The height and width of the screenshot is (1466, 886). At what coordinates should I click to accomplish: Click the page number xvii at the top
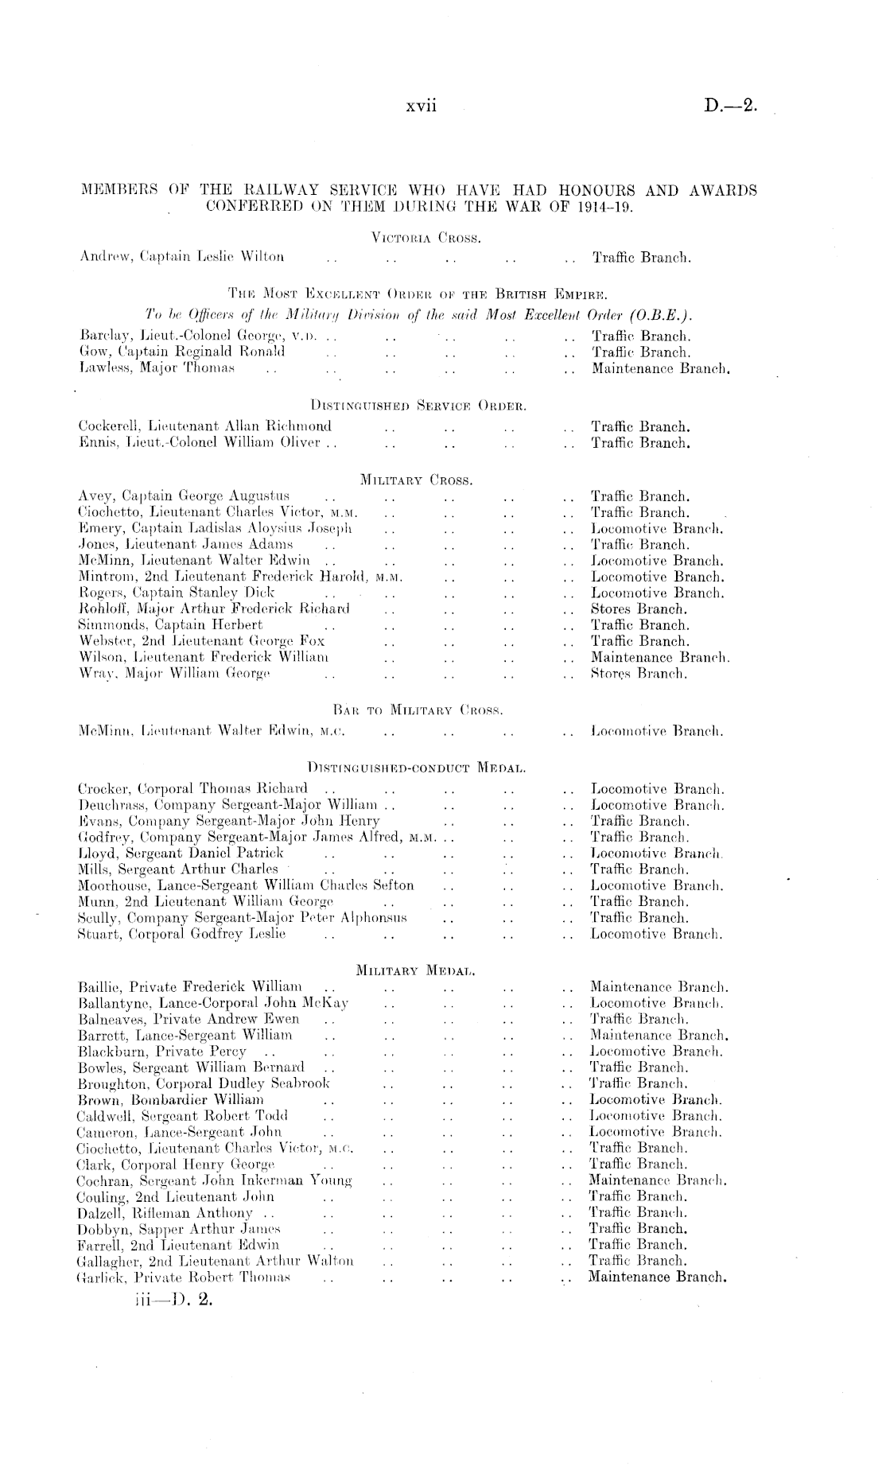click(x=422, y=107)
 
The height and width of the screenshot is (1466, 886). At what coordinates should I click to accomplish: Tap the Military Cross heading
click(x=417, y=480)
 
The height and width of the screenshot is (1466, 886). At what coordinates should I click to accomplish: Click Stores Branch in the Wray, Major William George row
click(x=639, y=674)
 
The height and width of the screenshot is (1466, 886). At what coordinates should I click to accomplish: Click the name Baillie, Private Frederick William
click(x=190, y=987)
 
